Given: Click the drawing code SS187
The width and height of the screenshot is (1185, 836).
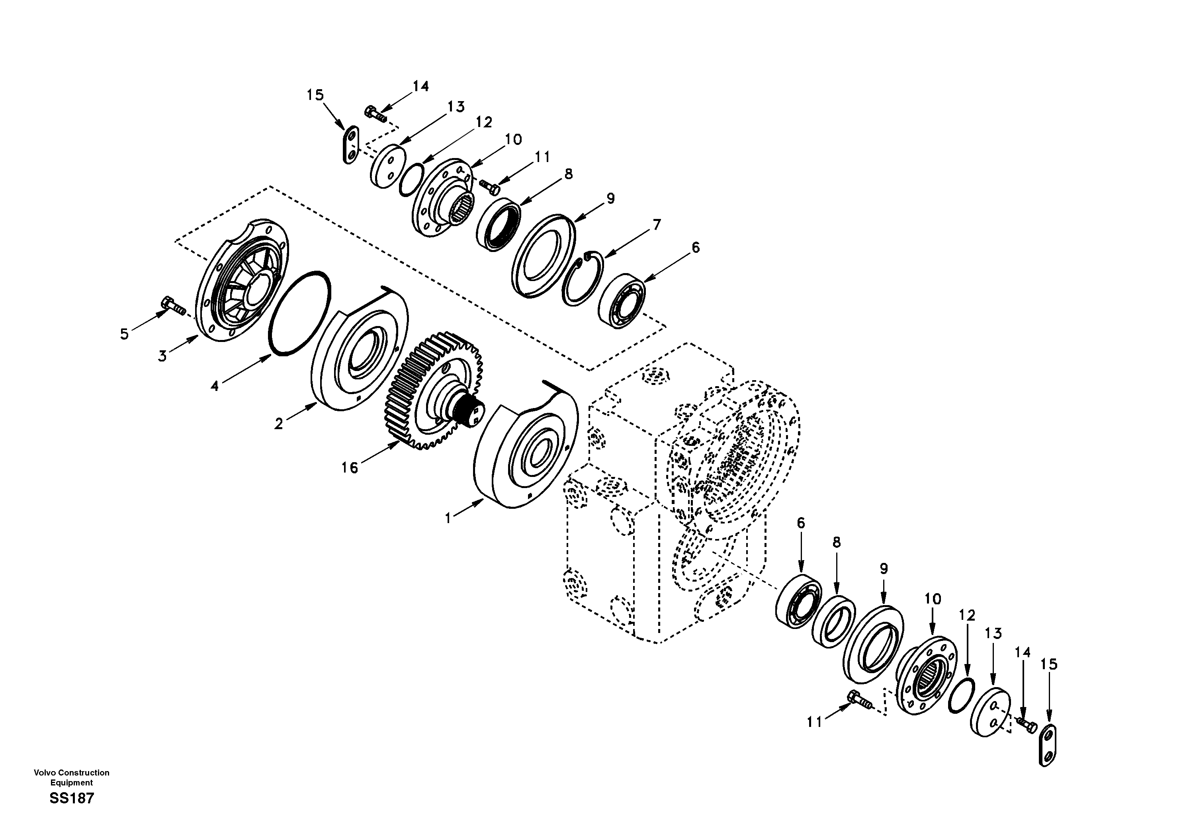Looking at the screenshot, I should click(x=72, y=798).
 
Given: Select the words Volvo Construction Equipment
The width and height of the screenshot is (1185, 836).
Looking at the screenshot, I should click(x=72, y=777).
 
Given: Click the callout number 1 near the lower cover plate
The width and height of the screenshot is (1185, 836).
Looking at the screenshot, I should click(x=448, y=518).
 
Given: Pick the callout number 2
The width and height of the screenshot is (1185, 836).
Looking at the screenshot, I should click(x=279, y=424).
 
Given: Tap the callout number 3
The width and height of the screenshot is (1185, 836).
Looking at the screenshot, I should click(x=162, y=356).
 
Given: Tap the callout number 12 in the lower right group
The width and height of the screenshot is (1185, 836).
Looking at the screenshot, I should click(x=967, y=615).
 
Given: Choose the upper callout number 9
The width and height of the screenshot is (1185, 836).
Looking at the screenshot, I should click(x=610, y=198).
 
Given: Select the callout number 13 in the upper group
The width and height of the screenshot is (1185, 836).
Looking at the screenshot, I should click(x=456, y=107).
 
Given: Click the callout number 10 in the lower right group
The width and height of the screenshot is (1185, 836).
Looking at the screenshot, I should click(x=933, y=599).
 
